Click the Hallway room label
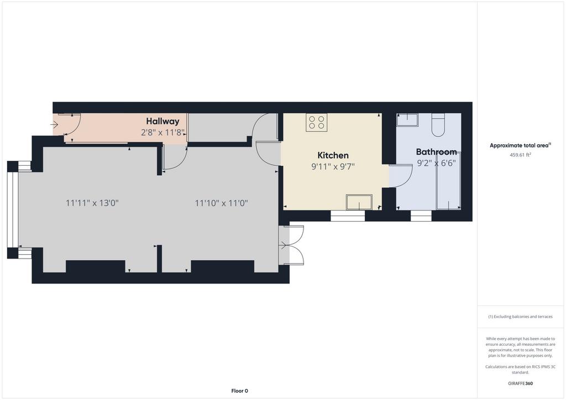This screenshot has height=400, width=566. pos(163,121)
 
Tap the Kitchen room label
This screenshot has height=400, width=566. pos(333,155)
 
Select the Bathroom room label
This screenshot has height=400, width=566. pos(436,152)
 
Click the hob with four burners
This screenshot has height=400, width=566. pos(317,122)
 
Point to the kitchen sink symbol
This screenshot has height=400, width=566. pos(359,202)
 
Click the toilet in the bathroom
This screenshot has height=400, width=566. pos(438,125)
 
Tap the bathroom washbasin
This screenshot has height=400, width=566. pos(407,120)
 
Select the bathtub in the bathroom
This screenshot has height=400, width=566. pos(448,181)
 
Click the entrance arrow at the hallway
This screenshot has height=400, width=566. pos(54,125)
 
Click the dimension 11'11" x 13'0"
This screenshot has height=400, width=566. pos(92,203)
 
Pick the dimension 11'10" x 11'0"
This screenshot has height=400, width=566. pos(221,203)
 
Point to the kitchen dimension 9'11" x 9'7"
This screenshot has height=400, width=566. pos(333,167)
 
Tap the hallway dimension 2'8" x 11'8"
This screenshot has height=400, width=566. pos(163,133)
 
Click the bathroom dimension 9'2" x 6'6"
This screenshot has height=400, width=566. pos(437,163)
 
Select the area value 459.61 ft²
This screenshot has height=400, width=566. pos(520,155)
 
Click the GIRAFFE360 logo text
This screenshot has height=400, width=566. pos(520,383)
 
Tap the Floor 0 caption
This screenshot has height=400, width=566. pos(240,391)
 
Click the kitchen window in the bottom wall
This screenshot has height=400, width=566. pos(348,215)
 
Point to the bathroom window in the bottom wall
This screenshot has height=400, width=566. pos(421,215)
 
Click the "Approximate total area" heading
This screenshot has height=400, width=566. pos(520,146)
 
